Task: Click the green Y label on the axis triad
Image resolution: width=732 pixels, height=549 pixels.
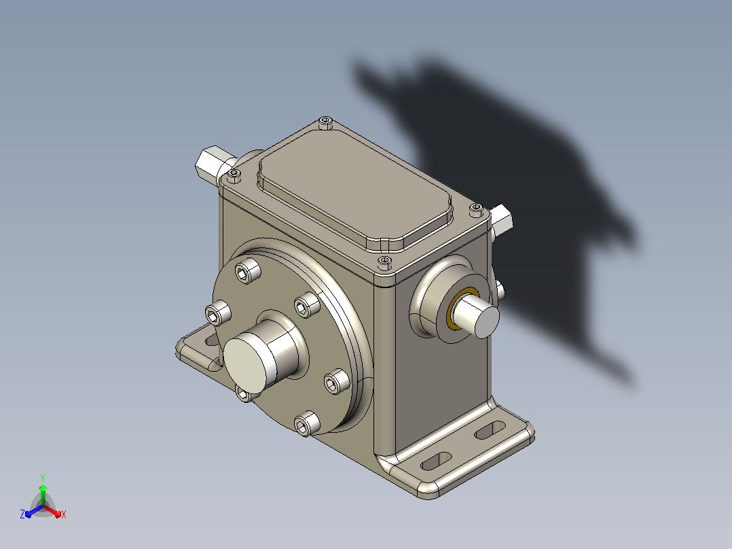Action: (43, 478)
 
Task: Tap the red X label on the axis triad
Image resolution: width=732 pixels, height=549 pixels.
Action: (64, 514)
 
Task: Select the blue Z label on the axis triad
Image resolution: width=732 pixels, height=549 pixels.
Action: (22, 514)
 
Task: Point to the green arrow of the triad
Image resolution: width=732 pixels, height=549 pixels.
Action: (43, 495)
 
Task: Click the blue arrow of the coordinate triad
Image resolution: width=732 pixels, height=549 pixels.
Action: (34, 511)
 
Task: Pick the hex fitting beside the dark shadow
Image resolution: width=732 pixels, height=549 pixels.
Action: (501, 219)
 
